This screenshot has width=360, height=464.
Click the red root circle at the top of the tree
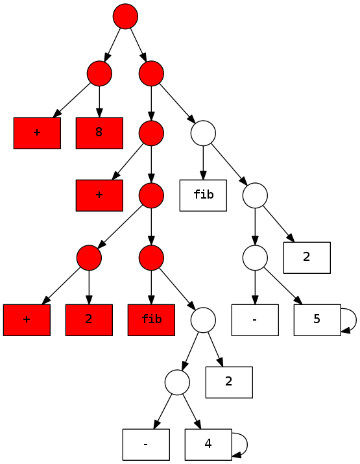tap(125, 16)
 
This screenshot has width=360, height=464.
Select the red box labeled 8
tap(99, 133)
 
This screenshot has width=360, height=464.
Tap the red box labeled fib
tap(151, 320)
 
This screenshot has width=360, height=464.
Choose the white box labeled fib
tap(203, 195)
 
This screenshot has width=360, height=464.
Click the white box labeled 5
tap(317, 320)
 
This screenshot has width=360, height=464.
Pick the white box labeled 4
tap(209, 445)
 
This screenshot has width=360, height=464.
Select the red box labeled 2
tap(89, 320)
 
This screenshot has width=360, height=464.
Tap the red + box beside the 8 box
tap(37, 133)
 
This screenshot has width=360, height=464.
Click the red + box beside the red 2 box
tap(27, 320)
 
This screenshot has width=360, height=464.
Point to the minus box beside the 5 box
tap(255, 320)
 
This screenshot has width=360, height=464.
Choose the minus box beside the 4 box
tap(146, 445)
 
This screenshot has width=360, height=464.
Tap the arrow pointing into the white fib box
tap(203, 163)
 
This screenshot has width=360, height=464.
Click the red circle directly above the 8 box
tap(99, 73)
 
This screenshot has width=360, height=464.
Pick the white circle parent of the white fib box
tap(203, 133)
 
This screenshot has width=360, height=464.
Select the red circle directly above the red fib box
tap(151, 258)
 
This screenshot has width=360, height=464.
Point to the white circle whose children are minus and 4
tap(177, 382)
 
